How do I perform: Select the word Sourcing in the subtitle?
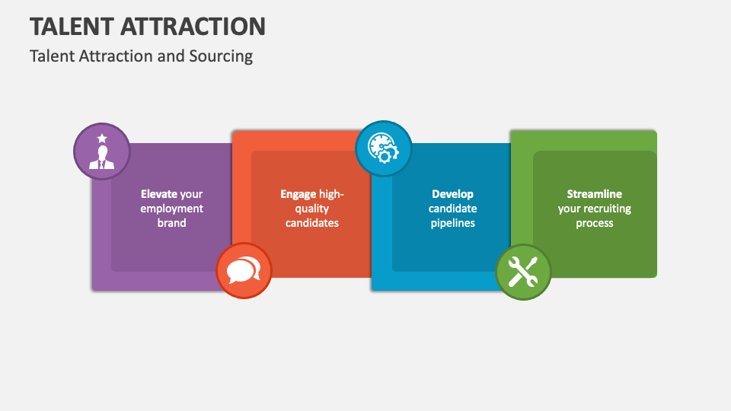coord(224,56)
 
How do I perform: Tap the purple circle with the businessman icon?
coord(101,151)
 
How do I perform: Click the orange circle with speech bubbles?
coord(244,271)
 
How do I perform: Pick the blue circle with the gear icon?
coord(384,148)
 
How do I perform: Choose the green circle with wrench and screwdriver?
coord(523,272)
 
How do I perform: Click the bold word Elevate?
coord(158,194)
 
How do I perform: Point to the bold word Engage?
coord(298,194)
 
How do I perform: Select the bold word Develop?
coord(452,194)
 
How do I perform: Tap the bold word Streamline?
coord(594,194)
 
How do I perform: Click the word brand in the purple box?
coord(172,223)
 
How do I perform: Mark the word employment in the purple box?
coord(172,209)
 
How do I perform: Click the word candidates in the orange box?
coord(312,223)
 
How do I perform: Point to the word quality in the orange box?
coord(312,209)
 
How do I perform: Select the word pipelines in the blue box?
coord(452,223)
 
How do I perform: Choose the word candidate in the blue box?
coord(452,209)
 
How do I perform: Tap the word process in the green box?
coord(594,223)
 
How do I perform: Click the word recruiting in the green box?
coord(607,209)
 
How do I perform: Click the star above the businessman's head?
coord(101,138)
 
